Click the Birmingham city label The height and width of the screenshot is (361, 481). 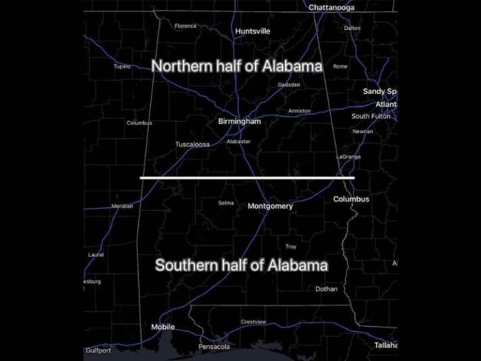(x=239, y=122)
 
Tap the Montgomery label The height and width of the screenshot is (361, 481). (x=270, y=206)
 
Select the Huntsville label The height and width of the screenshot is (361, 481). (x=252, y=31)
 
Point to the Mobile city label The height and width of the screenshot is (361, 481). (x=163, y=327)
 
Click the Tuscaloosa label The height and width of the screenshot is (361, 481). (x=192, y=144)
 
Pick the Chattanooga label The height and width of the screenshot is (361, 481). (x=331, y=8)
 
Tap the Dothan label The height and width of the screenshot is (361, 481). (x=326, y=289)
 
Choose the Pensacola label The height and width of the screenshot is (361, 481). (x=214, y=347)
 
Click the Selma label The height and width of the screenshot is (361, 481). (x=226, y=202)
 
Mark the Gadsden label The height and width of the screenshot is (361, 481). (x=289, y=84)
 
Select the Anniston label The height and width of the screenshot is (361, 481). (x=299, y=111)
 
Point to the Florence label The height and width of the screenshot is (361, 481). (x=185, y=26)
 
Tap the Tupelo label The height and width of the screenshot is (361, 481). (x=122, y=66)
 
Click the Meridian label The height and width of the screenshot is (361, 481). (x=122, y=206)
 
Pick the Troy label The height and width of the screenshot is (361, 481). (x=291, y=246)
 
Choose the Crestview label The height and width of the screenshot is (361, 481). (x=254, y=322)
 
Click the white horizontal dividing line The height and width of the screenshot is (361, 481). (x=247, y=178)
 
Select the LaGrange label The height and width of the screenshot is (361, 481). (x=349, y=156)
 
